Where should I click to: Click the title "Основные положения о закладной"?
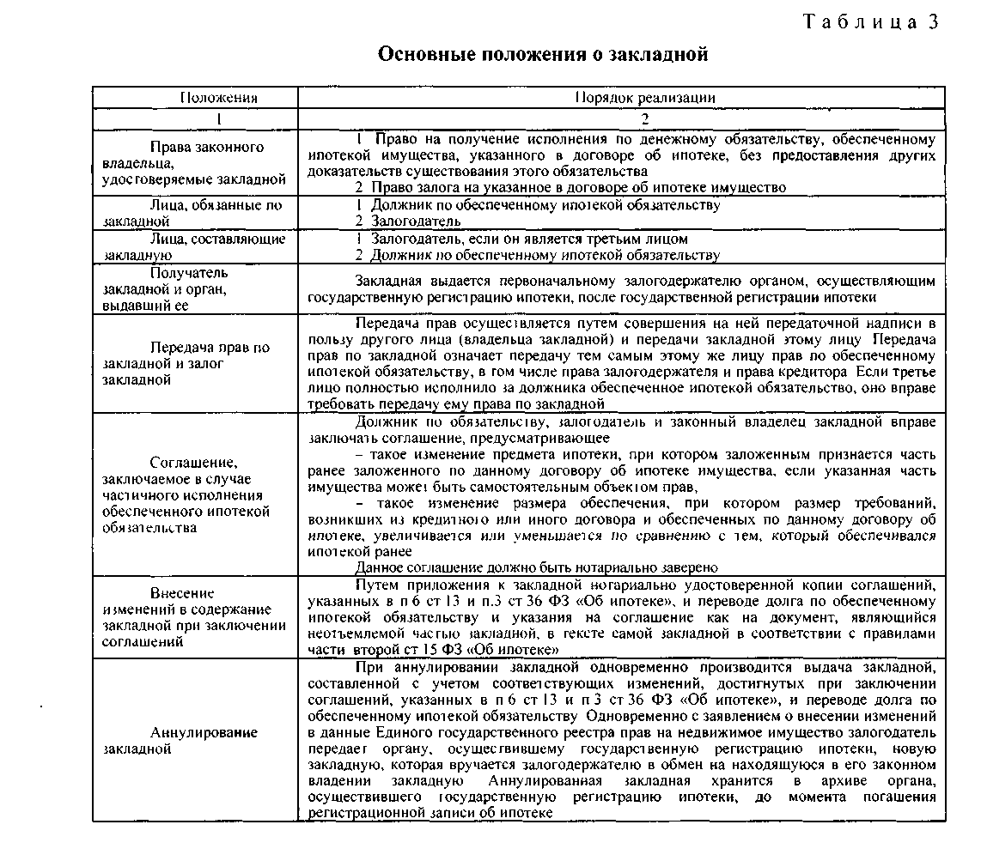tap(543, 55)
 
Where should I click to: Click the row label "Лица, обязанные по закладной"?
tap(192, 213)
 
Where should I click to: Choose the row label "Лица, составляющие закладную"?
tap(193, 246)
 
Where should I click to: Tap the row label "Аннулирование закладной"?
tap(180, 740)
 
